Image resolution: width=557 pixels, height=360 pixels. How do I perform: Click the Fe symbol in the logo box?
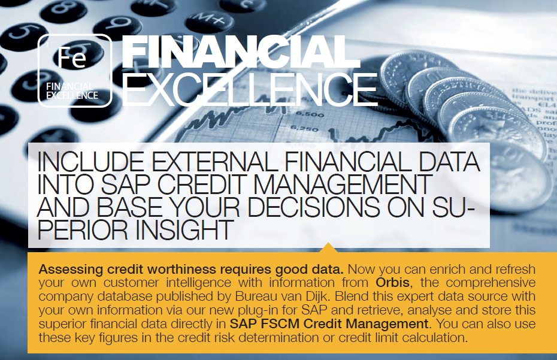[72, 58]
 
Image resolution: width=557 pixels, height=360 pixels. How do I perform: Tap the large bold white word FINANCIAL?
[241, 52]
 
